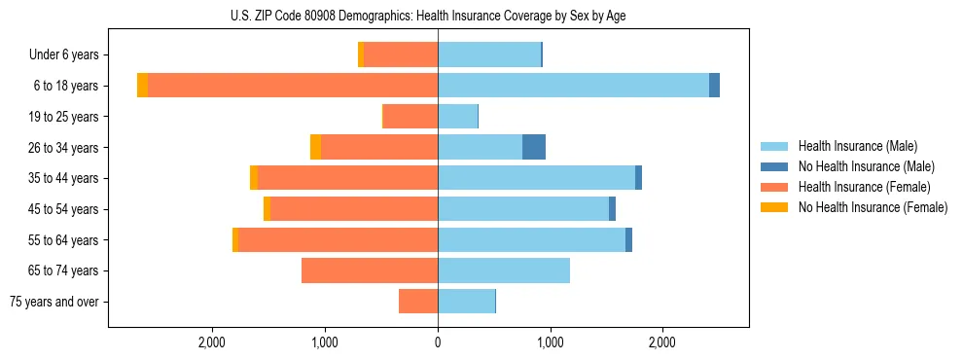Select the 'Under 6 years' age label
tap(70, 55)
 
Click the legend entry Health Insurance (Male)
tap(857, 146)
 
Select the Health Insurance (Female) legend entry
tap(864, 187)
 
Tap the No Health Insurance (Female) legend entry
tap(873, 207)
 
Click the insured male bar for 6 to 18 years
tap(573, 86)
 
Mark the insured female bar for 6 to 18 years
tap(293, 86)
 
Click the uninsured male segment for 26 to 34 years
tap(534, 147)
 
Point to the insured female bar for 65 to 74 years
tap(370, 270)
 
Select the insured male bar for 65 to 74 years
tap(504, 270)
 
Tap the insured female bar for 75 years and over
tap(418, 302)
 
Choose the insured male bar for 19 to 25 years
tap(457, 117)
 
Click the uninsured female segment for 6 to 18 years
tap(143, 86)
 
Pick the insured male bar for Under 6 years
tap(489, 54)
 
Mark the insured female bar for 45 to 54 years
tap(354, 209)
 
